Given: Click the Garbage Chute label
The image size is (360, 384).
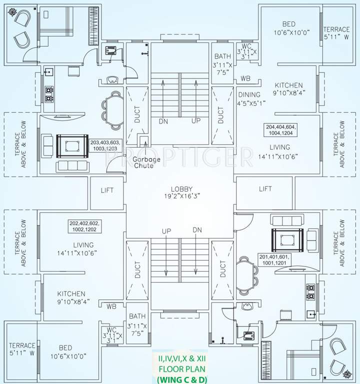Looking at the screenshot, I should pyautogui.click(x=143, y=162).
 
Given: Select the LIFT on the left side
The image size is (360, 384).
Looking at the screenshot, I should pyautogui.click(x=107, y=190).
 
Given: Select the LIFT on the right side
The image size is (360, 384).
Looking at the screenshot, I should pyautogui.click(x=265, y=188).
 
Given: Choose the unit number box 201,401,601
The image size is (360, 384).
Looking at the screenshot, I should pyautogui.click(x=274, y=260).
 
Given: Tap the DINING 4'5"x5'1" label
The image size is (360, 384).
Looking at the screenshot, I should pyautogui.click(x=249, y=98).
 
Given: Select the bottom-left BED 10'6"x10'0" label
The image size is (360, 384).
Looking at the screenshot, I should pyautogui.click(x=65, y=351).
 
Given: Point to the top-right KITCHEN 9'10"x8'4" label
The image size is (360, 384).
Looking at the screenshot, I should pyautogui.click(x=288, y=89).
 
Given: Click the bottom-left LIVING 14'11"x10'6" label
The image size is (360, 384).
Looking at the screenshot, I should pyautogui.click(x=83, y=248).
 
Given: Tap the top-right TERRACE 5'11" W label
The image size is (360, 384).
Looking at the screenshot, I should pyautogui.click(x=336, y=33).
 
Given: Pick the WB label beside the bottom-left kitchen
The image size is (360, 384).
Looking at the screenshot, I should pyautogui.click(x=111, y=306).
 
